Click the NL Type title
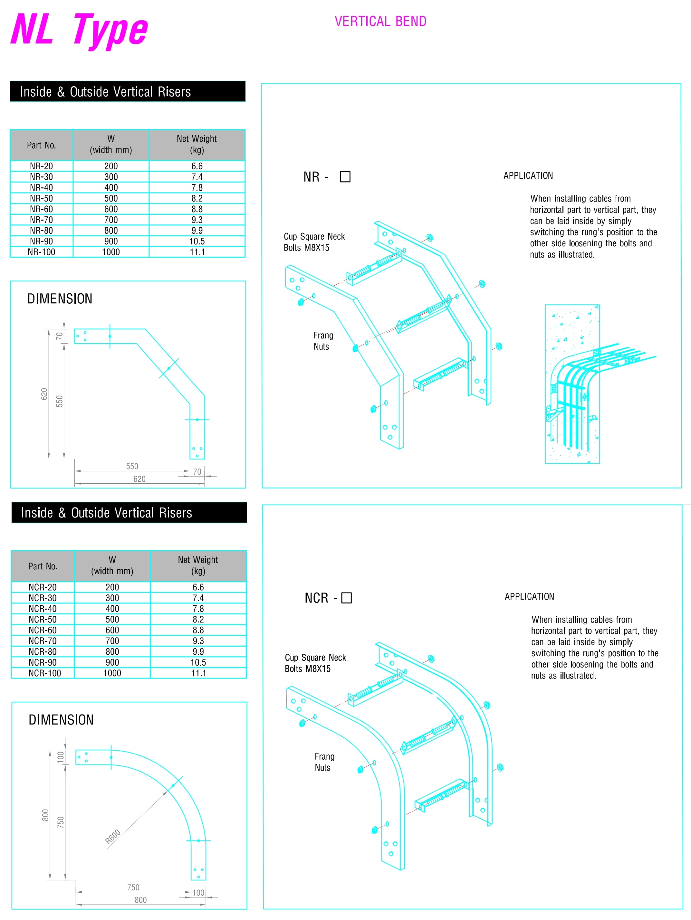79,30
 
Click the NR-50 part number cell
42,198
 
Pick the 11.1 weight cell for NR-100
197,252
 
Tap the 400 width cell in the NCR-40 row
112,609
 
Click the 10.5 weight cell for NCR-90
198,662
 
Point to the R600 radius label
113,836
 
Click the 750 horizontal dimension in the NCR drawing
133,887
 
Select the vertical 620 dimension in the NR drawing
44,394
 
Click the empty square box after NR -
345,177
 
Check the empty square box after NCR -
347,598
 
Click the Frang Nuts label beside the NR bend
323,341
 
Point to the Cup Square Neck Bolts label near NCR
315,663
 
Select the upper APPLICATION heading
528,175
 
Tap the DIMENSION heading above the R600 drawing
61,719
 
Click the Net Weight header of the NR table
197,144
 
